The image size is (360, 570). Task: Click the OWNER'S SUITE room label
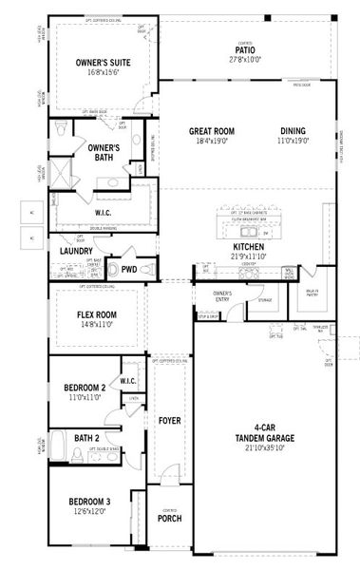[x=103, y=63]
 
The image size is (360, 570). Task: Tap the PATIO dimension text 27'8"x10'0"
[x=243, y=60]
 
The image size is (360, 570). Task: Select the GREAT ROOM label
[x=211, y=131]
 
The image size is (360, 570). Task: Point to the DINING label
[x=294, y=131]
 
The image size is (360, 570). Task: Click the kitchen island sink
[x=265, y=232]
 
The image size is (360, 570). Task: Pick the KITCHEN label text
[x=248, y=246]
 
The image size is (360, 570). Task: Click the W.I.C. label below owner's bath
[x=104, y=213]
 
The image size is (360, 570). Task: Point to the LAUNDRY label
[x=76, y=251]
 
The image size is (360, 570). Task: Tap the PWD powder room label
[x=128, y=270]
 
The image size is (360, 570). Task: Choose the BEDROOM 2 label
[x=84, y=388]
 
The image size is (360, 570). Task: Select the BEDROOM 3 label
[x=88, y=501]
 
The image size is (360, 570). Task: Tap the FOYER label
[x=170, y=419]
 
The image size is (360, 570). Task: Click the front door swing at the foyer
[x=168, y=473]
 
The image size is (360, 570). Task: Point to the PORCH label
[x=170, y=518]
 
